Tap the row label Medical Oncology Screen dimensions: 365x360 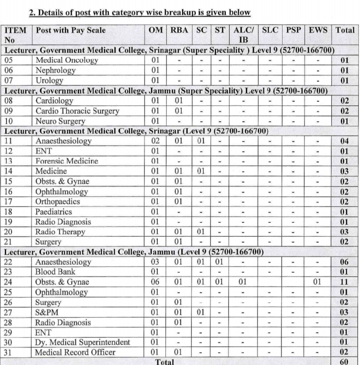tap(67, 60)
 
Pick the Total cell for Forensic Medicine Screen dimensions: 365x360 tap(344, 161)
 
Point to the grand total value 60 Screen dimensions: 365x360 tap(344, 362)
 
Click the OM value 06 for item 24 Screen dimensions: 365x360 tap(155, 282)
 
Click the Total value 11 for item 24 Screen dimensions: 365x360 tap(344, 282)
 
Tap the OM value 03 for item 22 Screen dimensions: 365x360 tap(155, 262)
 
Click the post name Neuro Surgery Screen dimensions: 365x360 tap(60, 121)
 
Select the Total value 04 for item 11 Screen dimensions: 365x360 tap(344, 141)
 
